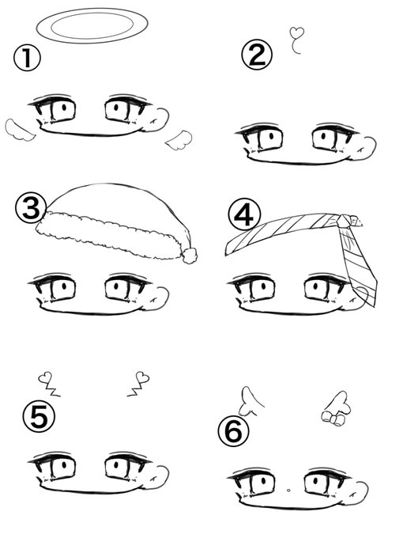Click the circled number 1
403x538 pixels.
(x=27, y=59)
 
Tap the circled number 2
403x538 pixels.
(x=257, y=55)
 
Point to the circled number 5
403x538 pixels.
(x=39, y=417)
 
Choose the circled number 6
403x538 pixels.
(x=233, y=431)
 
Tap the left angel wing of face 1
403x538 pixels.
(x=19, y=131)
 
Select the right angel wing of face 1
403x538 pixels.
(x=179, y=140)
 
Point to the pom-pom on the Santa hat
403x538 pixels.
(x=190, y=255)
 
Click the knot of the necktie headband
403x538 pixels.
(x=344, y=222)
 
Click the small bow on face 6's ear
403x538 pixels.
(x=332, y=419)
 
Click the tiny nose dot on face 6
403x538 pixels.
(x=288, y=491)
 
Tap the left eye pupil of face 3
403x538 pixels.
(x=64, y=286)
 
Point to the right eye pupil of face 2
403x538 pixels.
(x=323, y=136)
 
